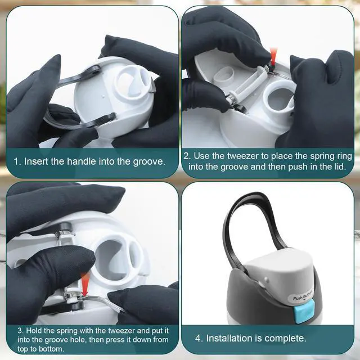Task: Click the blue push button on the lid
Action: [x=303, y=311]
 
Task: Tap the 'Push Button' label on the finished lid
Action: [x=303, y=296]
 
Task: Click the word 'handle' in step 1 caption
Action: [x=80, y=161]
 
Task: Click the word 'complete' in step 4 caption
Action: [x=285, y=339]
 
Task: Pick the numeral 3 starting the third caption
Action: [x=20, y=331]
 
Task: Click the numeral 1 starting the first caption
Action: [x=16, y=161]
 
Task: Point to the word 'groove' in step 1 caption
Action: [x=148, y=162]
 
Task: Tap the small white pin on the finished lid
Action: [x=266, y=280]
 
